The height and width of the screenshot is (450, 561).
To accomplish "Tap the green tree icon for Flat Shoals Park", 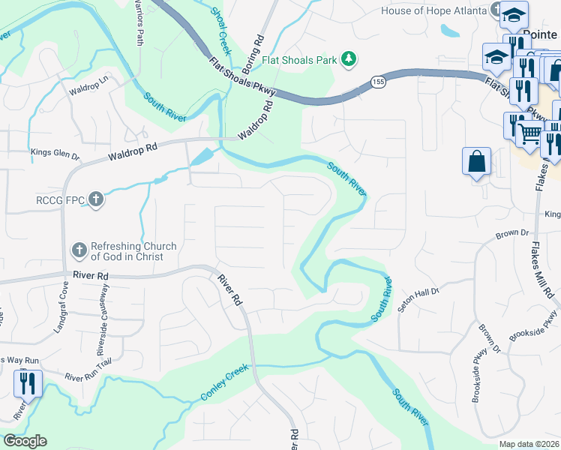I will click(x=348, y=58).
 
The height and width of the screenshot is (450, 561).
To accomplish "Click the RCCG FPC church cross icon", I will click(x=95, y=199).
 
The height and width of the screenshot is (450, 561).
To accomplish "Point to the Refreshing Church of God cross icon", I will click(x=79, y=250).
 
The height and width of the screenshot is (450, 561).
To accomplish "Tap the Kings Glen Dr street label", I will click(x=55, y=154).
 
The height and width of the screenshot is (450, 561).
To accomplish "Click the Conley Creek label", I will click(x=224, y=385).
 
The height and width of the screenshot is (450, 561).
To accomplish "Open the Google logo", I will click(x=25, y=441).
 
